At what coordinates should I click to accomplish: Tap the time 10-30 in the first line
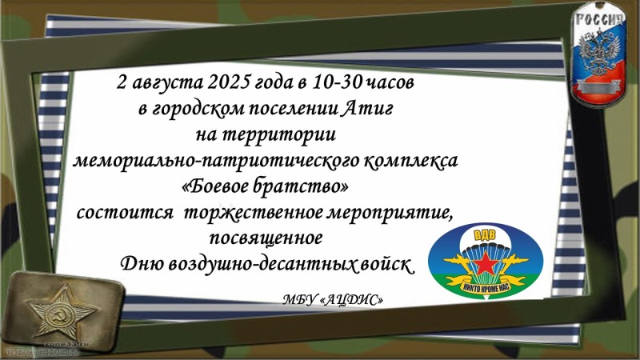337,82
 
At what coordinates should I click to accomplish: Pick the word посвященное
266,238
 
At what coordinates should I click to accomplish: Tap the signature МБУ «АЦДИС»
333,300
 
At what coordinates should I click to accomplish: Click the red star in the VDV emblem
486,263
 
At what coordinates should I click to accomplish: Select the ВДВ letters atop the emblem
485,236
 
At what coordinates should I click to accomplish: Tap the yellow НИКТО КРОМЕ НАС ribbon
486,286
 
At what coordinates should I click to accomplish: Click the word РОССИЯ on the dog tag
599,21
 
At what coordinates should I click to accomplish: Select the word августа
168,83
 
